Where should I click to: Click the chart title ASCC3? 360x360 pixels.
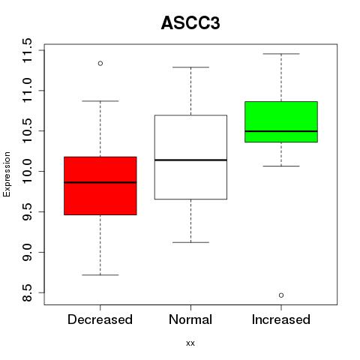pyautogui.click(x=190, y=23)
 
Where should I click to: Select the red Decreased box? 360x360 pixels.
pyautogui.click(x=100, y=186)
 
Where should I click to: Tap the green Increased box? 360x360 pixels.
pyautogui.click(x=281, y=121)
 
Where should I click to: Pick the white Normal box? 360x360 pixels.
pyautogui.click(x=190, y=157)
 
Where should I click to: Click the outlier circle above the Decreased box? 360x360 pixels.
pyautogui.click(x=100, y=64)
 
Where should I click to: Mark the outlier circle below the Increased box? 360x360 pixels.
pyautogui.click(x=281, y=295)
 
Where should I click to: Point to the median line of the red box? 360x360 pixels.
pyautogui.click(x=100, y=182)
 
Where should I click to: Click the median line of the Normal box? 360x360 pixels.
pyautogui.click(x=190, y=160)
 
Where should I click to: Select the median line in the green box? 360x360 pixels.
pyautogui.click(x=281, y=131)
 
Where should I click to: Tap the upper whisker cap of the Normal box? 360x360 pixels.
pyautogui.click(x=190, y=67)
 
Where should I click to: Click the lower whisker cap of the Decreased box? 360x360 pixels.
pyautogui.click(x=100, y=275)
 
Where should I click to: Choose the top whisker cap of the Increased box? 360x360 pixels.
pyautogui.click(x=281, y=54)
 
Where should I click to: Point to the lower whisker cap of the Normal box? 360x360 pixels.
pyautogui.click(x=190, y=242)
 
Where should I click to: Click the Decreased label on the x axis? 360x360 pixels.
pyautogui.click(x=100, y=319)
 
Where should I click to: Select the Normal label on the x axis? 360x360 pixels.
pyautogui.click(x=190, y=319)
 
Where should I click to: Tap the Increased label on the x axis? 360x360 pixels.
pyautogui.click(x=281, y=319)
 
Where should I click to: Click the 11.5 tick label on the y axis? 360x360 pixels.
pyautogui.click(x=27, y=50)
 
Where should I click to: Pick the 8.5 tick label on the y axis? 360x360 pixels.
pyautogui.click(x=27, y=292)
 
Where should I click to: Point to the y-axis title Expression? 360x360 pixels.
pyautogui.click(x=7, y=174)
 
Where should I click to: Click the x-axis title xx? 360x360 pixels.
pyautogui.click(x=190, y=343)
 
